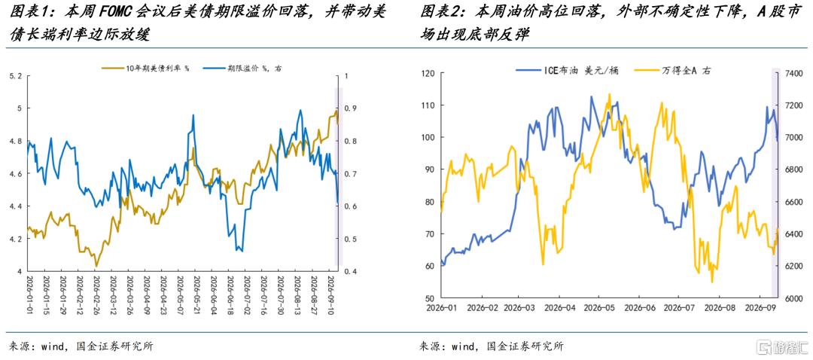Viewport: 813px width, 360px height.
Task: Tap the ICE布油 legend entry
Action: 556,71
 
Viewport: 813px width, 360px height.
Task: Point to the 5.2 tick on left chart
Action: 16,76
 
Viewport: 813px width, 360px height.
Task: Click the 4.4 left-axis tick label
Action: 16,206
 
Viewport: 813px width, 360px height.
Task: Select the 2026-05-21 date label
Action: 196,294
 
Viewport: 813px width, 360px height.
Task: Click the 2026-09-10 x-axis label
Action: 330,294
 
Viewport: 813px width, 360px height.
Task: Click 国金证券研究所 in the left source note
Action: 111,346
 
